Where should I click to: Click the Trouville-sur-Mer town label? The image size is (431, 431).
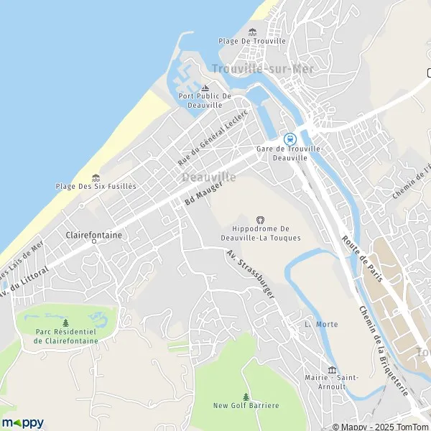tap(252, 68)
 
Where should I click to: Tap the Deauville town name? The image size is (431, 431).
tap(209, 177)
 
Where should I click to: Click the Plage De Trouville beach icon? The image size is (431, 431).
tap(252, 32)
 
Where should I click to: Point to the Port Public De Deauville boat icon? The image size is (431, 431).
tap(205, 87)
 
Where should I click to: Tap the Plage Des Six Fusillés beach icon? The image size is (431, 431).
tap(96, 177)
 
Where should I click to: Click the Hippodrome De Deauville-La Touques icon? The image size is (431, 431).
tap(260, 220)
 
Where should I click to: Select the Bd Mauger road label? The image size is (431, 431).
tap(203, 193)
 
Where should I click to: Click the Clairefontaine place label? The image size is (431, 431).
tap(93, 235)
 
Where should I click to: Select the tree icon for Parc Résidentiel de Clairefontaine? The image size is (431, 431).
tap(66, 323)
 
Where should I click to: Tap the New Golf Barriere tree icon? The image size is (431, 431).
tap(246, 397)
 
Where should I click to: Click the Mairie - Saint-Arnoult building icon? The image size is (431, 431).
tap(332, 370)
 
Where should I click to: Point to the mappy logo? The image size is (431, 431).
tap(23, 422)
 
